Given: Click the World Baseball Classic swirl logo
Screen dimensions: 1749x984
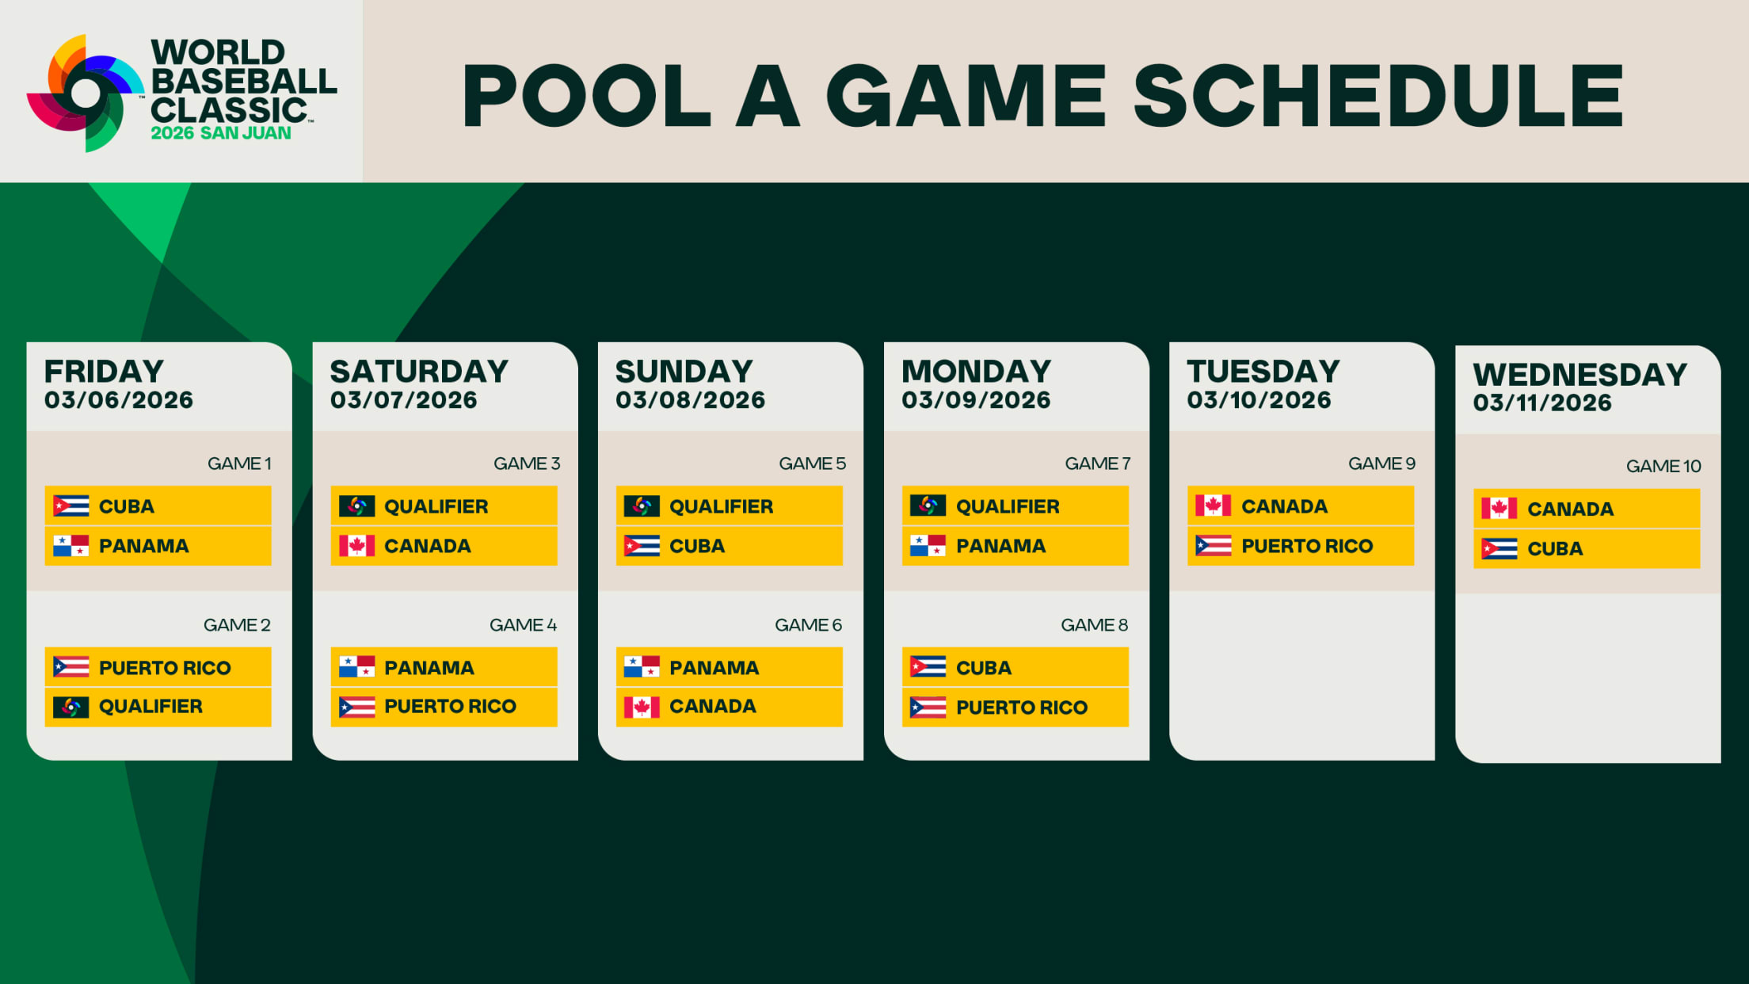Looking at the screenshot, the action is point(86,93).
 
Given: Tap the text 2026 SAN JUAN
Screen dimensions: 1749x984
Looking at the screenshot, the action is point(221,133).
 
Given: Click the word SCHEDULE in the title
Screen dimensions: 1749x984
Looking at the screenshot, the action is point(1379,96).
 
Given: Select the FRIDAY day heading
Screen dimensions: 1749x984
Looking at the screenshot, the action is point(104,371).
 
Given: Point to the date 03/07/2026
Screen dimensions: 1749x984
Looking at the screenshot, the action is point(404,400).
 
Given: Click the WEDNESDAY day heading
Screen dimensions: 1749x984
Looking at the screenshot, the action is point(1580,374).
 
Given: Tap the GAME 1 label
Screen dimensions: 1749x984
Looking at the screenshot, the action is point(239,463).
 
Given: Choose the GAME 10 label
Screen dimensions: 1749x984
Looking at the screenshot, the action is point(1663,467).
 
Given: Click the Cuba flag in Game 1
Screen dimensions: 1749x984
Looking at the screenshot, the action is point(70,505).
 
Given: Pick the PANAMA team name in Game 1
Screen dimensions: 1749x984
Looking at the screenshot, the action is point(143,546).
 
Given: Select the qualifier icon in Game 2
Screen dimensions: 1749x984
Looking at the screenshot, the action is point(70,707).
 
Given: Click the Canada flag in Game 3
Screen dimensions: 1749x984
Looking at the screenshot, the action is point(356,546).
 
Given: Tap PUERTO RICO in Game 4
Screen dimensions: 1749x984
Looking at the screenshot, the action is point(450,706).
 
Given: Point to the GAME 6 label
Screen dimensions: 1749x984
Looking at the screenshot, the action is point(808,625).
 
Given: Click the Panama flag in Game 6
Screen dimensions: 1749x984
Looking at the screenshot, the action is point(642,667).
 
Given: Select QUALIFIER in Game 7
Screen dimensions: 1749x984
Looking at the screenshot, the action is point(1008,506).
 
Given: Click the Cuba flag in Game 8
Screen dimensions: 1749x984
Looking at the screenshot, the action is point(928,667).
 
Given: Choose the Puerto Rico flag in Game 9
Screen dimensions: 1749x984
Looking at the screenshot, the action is point(1213,546).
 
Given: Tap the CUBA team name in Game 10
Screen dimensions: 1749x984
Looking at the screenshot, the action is point(1555,548).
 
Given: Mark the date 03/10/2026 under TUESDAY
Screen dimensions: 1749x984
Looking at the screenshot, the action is point(1259,400).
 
